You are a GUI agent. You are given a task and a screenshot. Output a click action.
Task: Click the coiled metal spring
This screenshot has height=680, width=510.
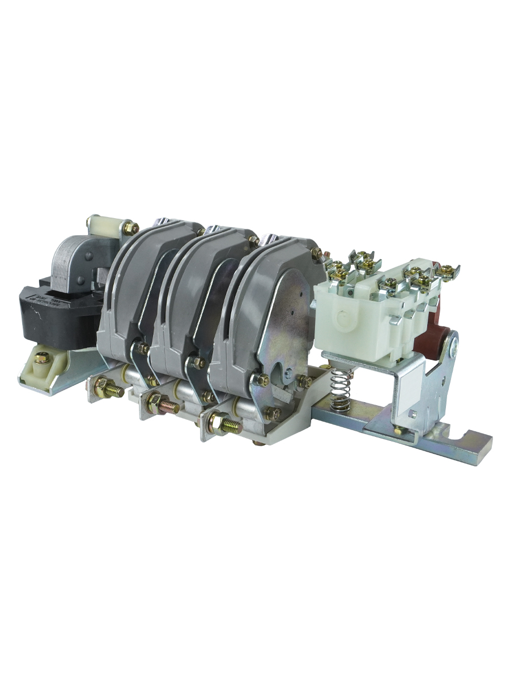point(339,389)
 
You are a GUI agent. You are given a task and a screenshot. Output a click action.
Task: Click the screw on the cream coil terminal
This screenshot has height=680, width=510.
point(41,358)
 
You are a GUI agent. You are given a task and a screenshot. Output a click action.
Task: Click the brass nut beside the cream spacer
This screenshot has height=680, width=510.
point(131,228)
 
